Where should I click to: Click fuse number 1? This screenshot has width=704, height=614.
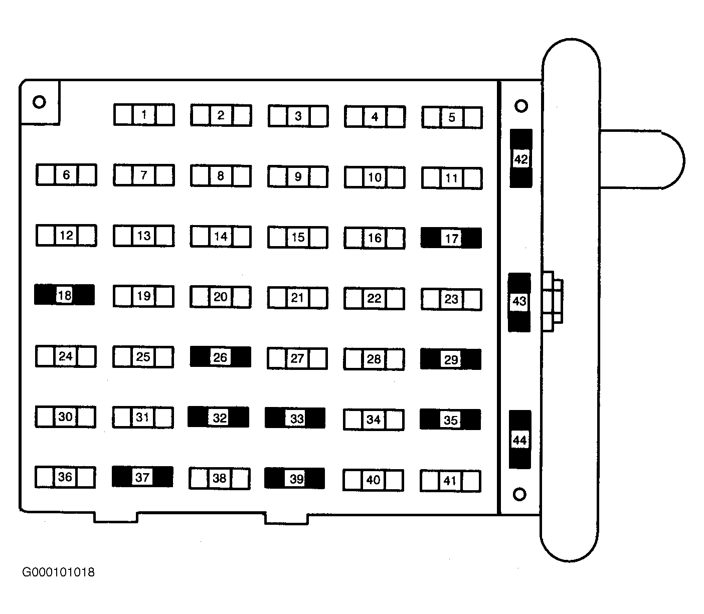point(144,115)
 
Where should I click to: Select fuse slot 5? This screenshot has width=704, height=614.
point(452,118)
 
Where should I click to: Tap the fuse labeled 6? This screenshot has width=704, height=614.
point(66,175)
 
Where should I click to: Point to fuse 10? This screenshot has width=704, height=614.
point(375,177)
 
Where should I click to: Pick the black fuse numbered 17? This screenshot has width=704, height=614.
point(451,238)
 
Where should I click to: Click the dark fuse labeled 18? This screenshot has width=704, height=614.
point(64,295)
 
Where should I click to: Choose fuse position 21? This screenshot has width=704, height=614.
point(297,298)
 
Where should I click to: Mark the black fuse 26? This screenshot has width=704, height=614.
point(220,357)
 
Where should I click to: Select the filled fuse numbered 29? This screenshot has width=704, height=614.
point(451,359)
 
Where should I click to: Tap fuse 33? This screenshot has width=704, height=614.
point(295,419)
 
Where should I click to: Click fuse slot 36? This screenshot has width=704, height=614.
point(65,477)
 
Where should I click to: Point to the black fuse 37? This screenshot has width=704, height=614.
point(142,477)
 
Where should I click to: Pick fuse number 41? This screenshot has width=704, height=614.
point(450,481)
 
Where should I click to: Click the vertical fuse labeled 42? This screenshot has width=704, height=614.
point(521,158)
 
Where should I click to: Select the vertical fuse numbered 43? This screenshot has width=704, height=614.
point(519,302)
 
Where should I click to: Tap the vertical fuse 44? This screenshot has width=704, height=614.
point(520,440)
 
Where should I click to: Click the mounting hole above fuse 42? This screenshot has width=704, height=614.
point(521,106)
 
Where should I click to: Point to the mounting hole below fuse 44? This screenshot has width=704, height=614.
point(519,494)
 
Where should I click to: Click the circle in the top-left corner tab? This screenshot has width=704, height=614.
point(39,102)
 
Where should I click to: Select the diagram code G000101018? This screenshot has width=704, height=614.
point(58,572)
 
